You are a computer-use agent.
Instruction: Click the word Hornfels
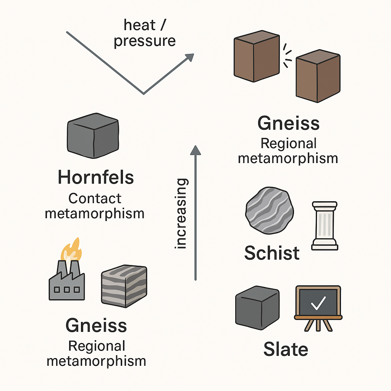[96, 178]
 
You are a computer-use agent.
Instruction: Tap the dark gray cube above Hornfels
[92, 138]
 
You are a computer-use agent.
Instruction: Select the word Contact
[95, 199]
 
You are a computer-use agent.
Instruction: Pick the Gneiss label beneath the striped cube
[96, 325]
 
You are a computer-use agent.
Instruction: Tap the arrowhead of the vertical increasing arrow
[195, 150]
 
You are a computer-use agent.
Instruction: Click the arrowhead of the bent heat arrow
[189, 57]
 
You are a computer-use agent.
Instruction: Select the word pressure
[145, 41]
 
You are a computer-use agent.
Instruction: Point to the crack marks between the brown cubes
[288, 55]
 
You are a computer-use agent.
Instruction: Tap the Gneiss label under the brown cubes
[288, 124]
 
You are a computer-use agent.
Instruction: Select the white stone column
[325, 225]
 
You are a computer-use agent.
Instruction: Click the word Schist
[272, 253]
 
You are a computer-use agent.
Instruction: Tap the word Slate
[286, 350]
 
